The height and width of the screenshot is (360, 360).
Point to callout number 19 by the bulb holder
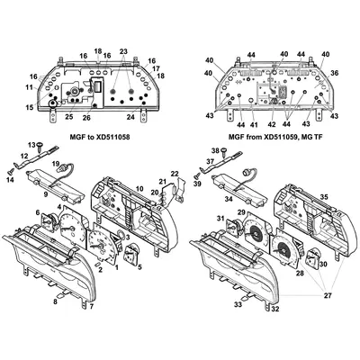coord(55,164)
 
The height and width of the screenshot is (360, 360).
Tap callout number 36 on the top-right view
coord(334,75)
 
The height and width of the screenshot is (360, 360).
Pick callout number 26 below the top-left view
coord(86,118)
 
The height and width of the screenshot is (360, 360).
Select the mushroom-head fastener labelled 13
coord(40,145)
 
